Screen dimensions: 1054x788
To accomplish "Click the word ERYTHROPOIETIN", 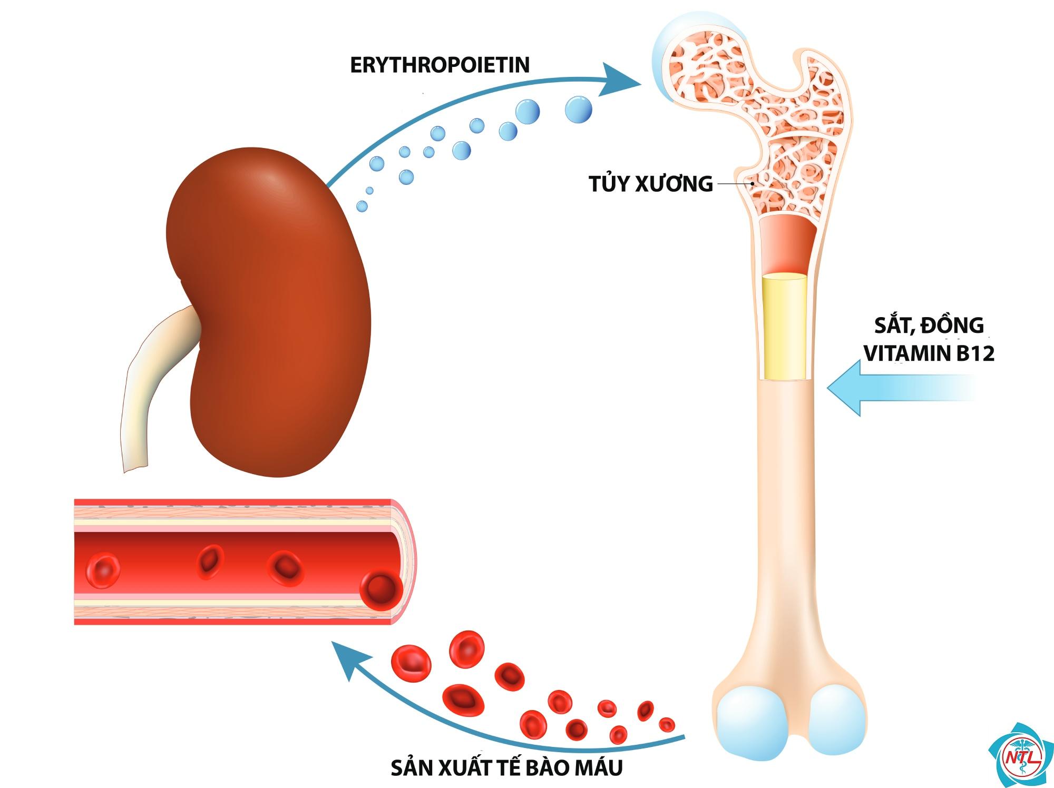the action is click(440, 65).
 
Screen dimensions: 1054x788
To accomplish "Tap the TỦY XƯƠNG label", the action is click(651, 184).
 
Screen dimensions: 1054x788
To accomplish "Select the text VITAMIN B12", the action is click(929, 354).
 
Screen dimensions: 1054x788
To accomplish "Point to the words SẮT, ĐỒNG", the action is click(929, 325).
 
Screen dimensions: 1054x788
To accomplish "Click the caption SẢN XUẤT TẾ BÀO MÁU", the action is click(506, 767).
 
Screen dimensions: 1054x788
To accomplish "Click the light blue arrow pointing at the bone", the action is click(901, 388).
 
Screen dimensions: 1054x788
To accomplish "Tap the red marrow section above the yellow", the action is click(785, 244).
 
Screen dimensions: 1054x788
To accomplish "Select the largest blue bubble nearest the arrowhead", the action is click(578, 110).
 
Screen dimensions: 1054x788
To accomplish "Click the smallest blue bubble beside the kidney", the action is click(369, 190).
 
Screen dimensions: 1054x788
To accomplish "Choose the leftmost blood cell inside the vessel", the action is click(103, 569).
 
